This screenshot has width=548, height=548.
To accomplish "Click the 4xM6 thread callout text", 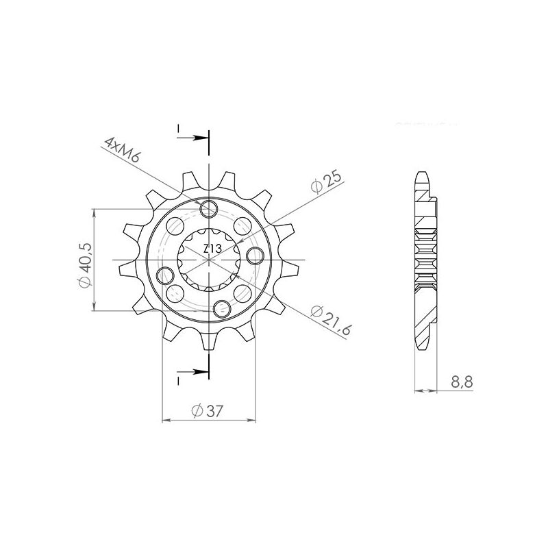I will (123, 151).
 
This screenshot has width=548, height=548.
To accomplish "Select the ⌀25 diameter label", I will (325, 182).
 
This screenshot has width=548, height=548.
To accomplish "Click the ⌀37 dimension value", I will (208, 411).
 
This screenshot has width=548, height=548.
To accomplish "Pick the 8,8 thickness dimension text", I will (462, 382).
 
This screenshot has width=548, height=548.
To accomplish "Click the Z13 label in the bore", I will (211, 251).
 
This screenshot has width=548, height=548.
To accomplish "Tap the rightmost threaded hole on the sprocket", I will (255, 256).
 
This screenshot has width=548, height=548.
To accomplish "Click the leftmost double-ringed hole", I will (164, 276).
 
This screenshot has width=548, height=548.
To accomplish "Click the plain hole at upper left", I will (175, 225).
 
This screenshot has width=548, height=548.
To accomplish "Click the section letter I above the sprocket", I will (177, 129).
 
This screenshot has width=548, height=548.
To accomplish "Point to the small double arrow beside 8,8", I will (426, 392).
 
